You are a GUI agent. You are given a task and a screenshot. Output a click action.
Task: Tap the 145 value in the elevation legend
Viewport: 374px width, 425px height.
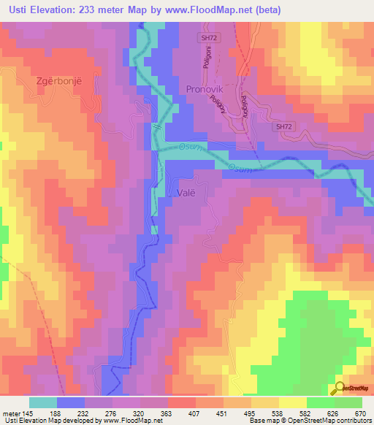[26, 413]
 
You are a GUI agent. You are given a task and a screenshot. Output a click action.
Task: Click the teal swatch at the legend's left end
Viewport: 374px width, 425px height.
[43, 402]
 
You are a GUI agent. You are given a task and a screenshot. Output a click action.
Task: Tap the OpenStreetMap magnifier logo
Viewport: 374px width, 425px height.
[338, 389]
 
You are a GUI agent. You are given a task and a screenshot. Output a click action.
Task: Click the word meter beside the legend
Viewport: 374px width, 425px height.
[11, 413]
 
